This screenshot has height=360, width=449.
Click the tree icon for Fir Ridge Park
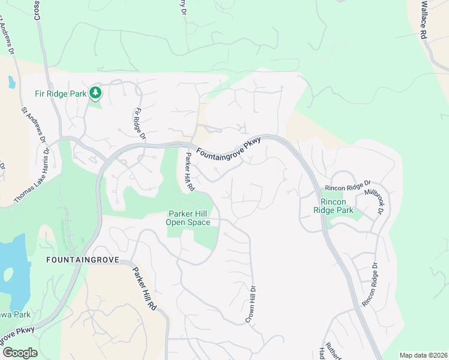click(95, 92)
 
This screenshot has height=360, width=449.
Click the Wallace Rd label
click(423, 19)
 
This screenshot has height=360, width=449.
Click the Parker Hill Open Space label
click(189, 218)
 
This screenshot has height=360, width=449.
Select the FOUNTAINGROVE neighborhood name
click(82, 260)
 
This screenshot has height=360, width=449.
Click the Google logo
click(20, 353)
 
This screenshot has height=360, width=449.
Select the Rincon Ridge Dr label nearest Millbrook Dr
click(349, 183)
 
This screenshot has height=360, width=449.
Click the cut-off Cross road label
click(37, 10)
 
